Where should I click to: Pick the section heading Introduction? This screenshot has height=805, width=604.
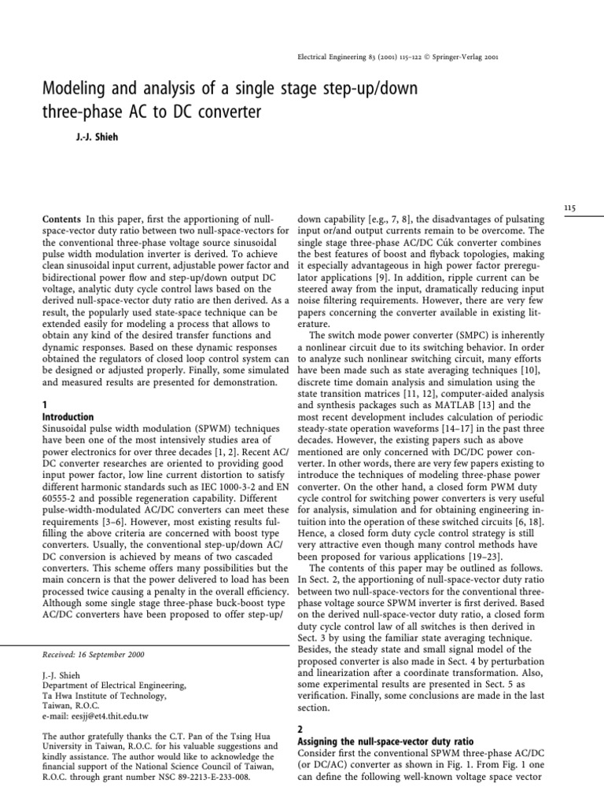[68, 417]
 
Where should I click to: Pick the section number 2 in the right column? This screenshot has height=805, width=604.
[301, 728]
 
